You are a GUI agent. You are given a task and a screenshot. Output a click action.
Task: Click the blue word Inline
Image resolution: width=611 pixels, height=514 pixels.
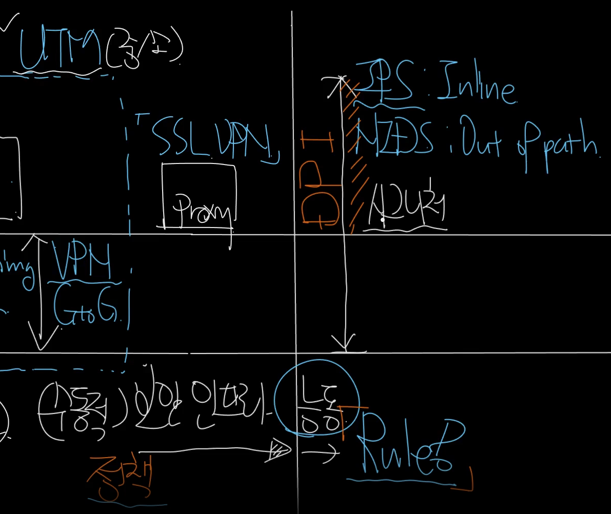click(475, 88)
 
